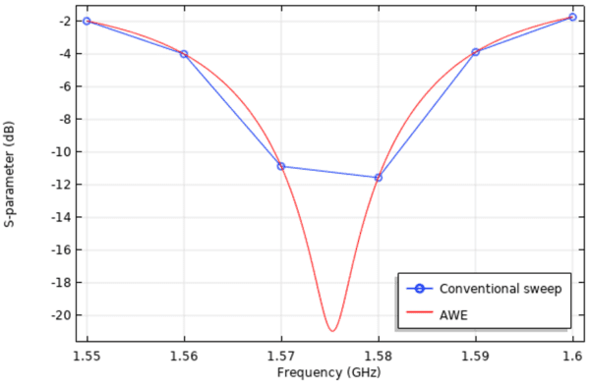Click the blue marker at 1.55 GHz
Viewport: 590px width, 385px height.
coord(87,21)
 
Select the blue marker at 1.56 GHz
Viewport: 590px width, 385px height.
coord(184,54)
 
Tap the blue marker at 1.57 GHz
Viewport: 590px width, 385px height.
coord(281,166)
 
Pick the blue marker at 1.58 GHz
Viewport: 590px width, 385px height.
coord(378,178)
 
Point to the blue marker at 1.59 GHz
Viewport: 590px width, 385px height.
coord(475,52)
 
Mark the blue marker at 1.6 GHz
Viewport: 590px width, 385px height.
coord(572,17)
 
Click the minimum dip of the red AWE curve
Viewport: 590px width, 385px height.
coord(332,331)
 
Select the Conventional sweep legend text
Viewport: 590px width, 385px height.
coord(500,289)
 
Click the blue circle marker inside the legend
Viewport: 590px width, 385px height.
coord(419,289)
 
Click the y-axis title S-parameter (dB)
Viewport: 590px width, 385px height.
coord(10,173)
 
